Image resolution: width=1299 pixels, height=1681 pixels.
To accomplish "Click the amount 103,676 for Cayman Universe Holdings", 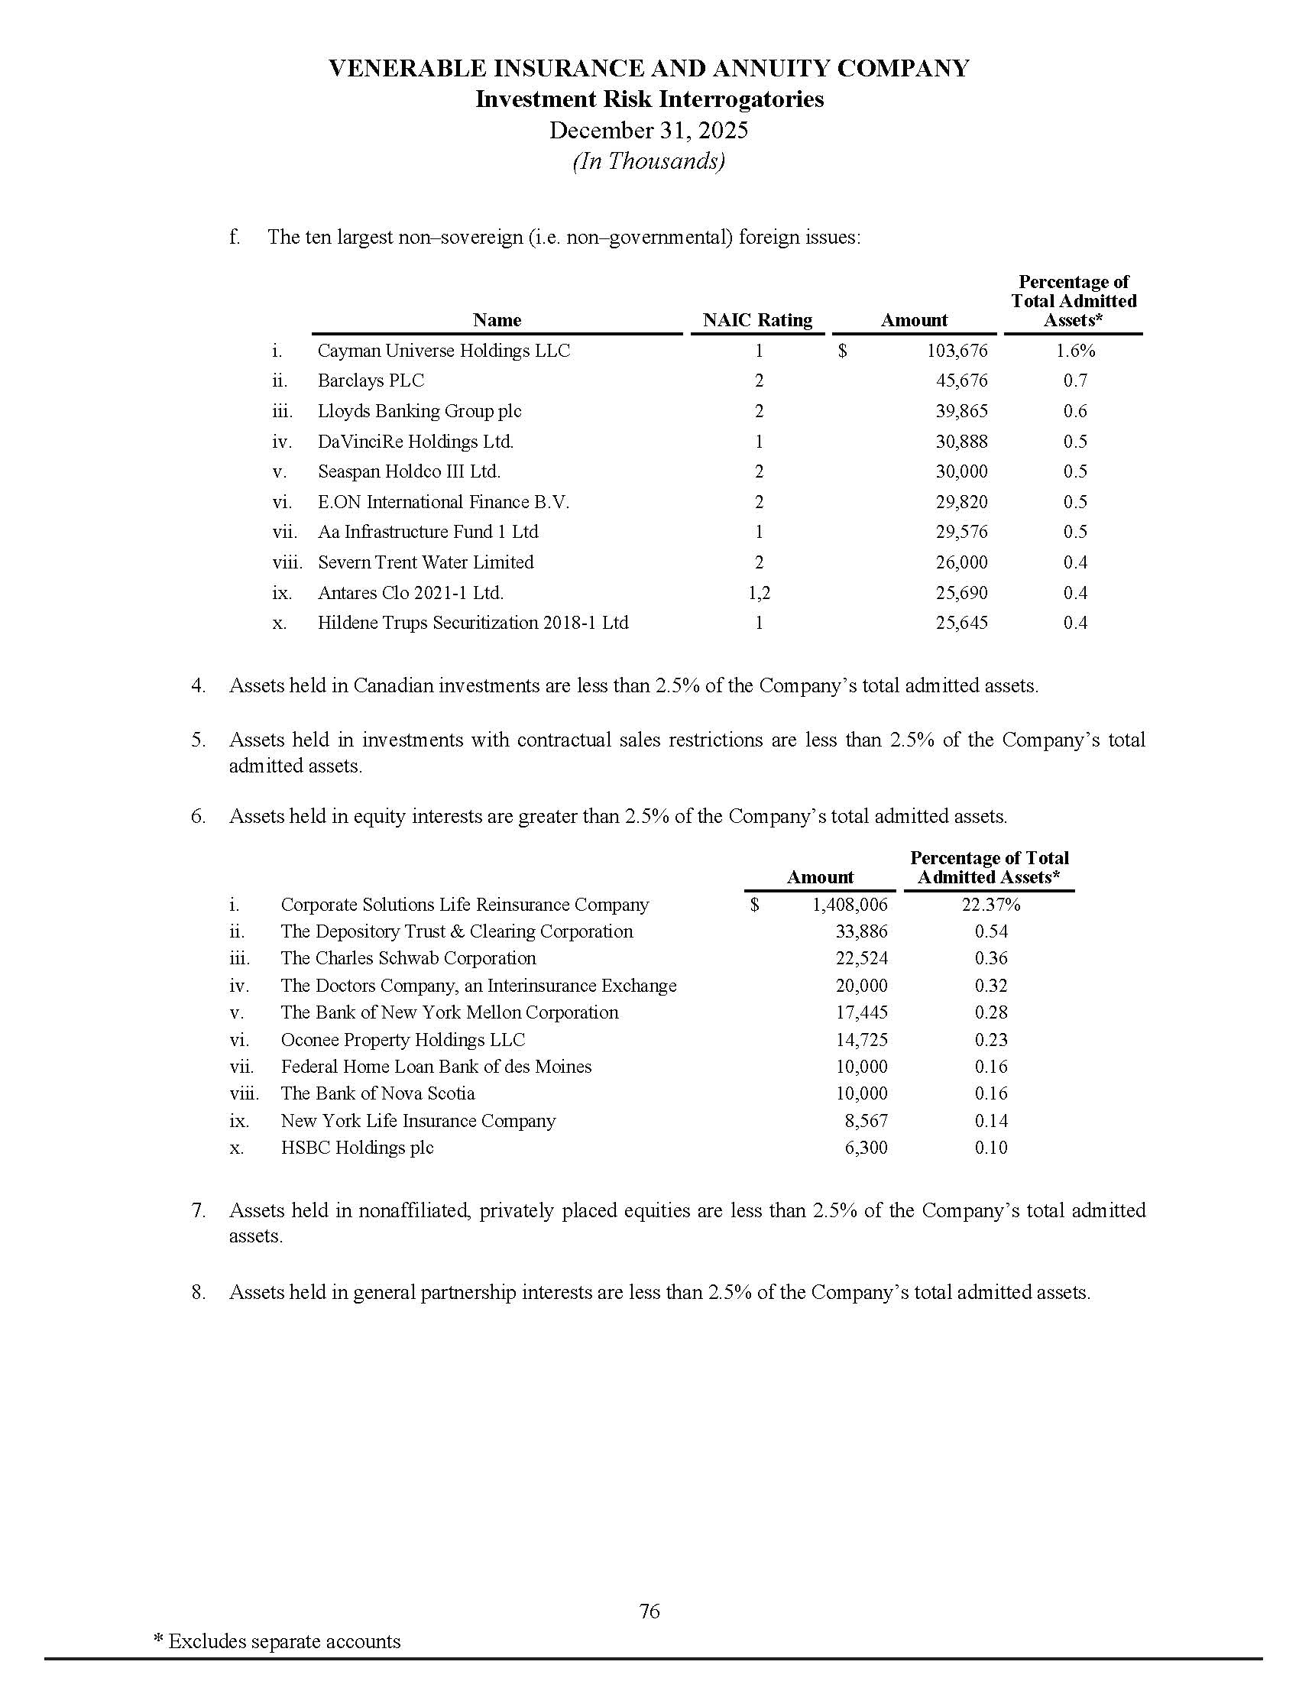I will [x=957, y=351].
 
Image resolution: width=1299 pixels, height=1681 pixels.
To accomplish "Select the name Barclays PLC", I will [x=370, y=381].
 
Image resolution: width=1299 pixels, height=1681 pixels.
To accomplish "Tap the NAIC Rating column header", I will [x=757, y=320].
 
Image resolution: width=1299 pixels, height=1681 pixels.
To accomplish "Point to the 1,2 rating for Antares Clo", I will [x=758, y=593].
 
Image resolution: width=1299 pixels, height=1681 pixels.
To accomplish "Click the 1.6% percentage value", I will [x=1074, y=351].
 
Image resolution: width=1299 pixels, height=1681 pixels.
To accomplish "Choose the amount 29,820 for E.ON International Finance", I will [x=961, y=502].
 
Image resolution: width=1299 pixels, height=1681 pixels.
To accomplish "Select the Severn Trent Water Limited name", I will [x=426, y=562].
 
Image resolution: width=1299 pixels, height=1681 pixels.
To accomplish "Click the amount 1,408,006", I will [x=850, y=905].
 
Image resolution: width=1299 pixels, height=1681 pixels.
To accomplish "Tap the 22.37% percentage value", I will [x=990, y=905].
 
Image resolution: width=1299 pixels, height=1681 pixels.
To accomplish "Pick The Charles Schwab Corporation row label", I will [x=408, y=958].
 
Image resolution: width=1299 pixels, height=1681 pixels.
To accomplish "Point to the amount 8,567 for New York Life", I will [x=866, y=1121].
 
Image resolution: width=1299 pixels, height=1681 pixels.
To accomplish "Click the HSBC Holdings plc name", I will [x=357, y=1148].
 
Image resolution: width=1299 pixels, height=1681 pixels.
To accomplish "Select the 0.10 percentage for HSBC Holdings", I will [x=990, y=1148].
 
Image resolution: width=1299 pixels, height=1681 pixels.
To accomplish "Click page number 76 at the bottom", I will [x=649, y=1610].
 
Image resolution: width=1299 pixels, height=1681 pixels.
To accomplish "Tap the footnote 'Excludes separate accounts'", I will [x=284, y=1641].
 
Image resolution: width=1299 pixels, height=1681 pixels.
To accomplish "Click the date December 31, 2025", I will [x=649, y=130].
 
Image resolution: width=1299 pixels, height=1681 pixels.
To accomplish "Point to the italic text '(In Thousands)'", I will [x=649, y=161].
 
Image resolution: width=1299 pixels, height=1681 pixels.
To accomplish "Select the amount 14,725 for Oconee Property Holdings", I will [x=861, y=1040].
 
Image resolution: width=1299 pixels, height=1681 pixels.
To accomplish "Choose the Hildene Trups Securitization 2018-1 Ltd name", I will [x=472, y=623].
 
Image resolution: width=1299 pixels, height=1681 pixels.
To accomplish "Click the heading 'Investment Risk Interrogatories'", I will [x=649, y=99].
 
